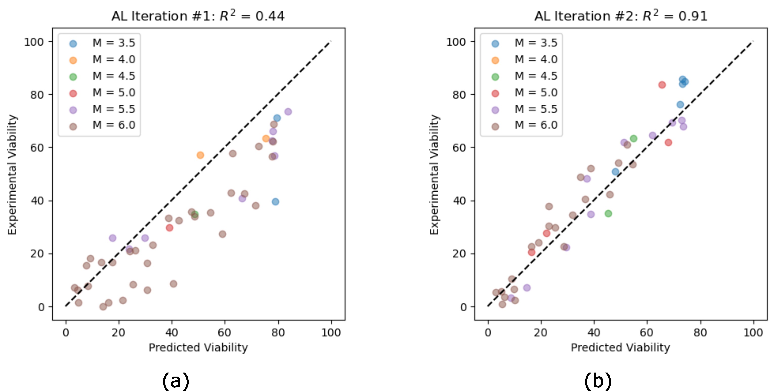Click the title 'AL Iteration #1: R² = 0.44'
198,16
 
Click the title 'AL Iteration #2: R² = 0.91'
620,16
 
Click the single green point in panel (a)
195,214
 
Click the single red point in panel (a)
169,228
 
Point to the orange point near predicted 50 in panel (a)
200,155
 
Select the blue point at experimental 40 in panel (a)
275,201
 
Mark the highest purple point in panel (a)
288,112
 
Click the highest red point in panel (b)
662,85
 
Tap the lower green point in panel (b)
608,214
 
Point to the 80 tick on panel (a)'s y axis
37,95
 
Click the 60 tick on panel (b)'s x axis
647,332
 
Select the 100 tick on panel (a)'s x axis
331,332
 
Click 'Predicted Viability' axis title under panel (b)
620,348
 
